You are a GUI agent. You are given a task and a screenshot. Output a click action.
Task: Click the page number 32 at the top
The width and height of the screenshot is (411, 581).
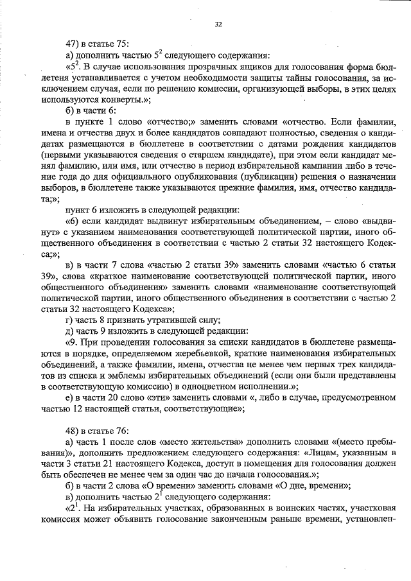218,24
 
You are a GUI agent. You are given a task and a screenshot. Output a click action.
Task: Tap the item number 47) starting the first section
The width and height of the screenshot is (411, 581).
74,44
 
